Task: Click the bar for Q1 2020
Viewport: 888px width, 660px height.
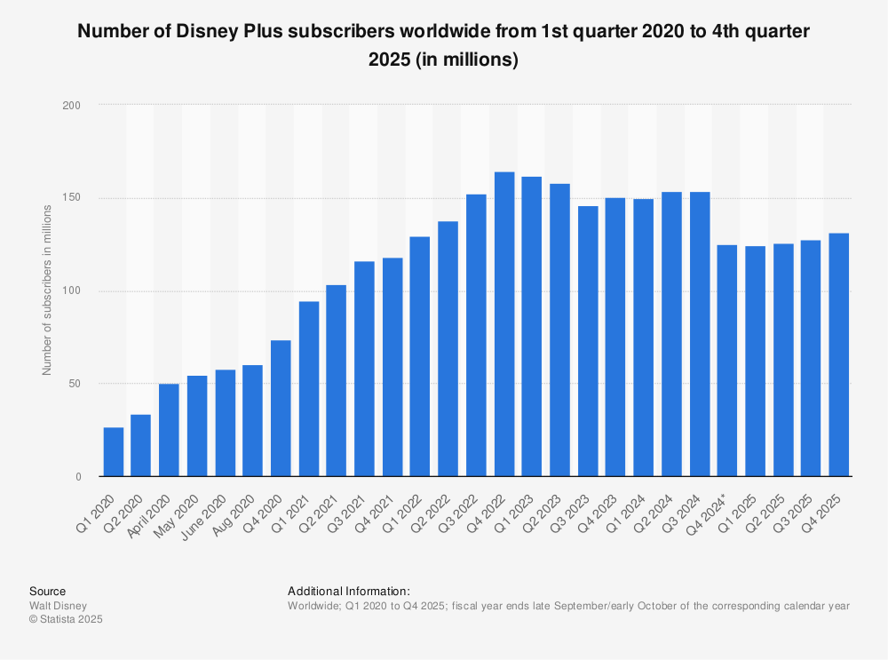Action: (x=114, y=452)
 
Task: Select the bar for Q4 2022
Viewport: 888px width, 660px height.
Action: (x=504, y=324)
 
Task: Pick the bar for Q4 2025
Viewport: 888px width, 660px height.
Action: (x=839, y=354)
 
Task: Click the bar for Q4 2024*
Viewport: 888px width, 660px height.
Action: (x=727, y=361)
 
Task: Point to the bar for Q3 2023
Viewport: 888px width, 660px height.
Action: (x=588, y=341)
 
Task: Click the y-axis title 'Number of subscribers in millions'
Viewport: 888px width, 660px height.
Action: (x=47, y=290)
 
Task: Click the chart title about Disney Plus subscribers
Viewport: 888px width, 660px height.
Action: (x=444, y=45)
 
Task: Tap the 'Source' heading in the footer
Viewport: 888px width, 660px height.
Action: (x=47, y=591)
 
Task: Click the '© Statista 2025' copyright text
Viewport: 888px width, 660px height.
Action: (x=66, y=620)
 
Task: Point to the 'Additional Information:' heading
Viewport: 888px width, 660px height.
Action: (x=349, y=591)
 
